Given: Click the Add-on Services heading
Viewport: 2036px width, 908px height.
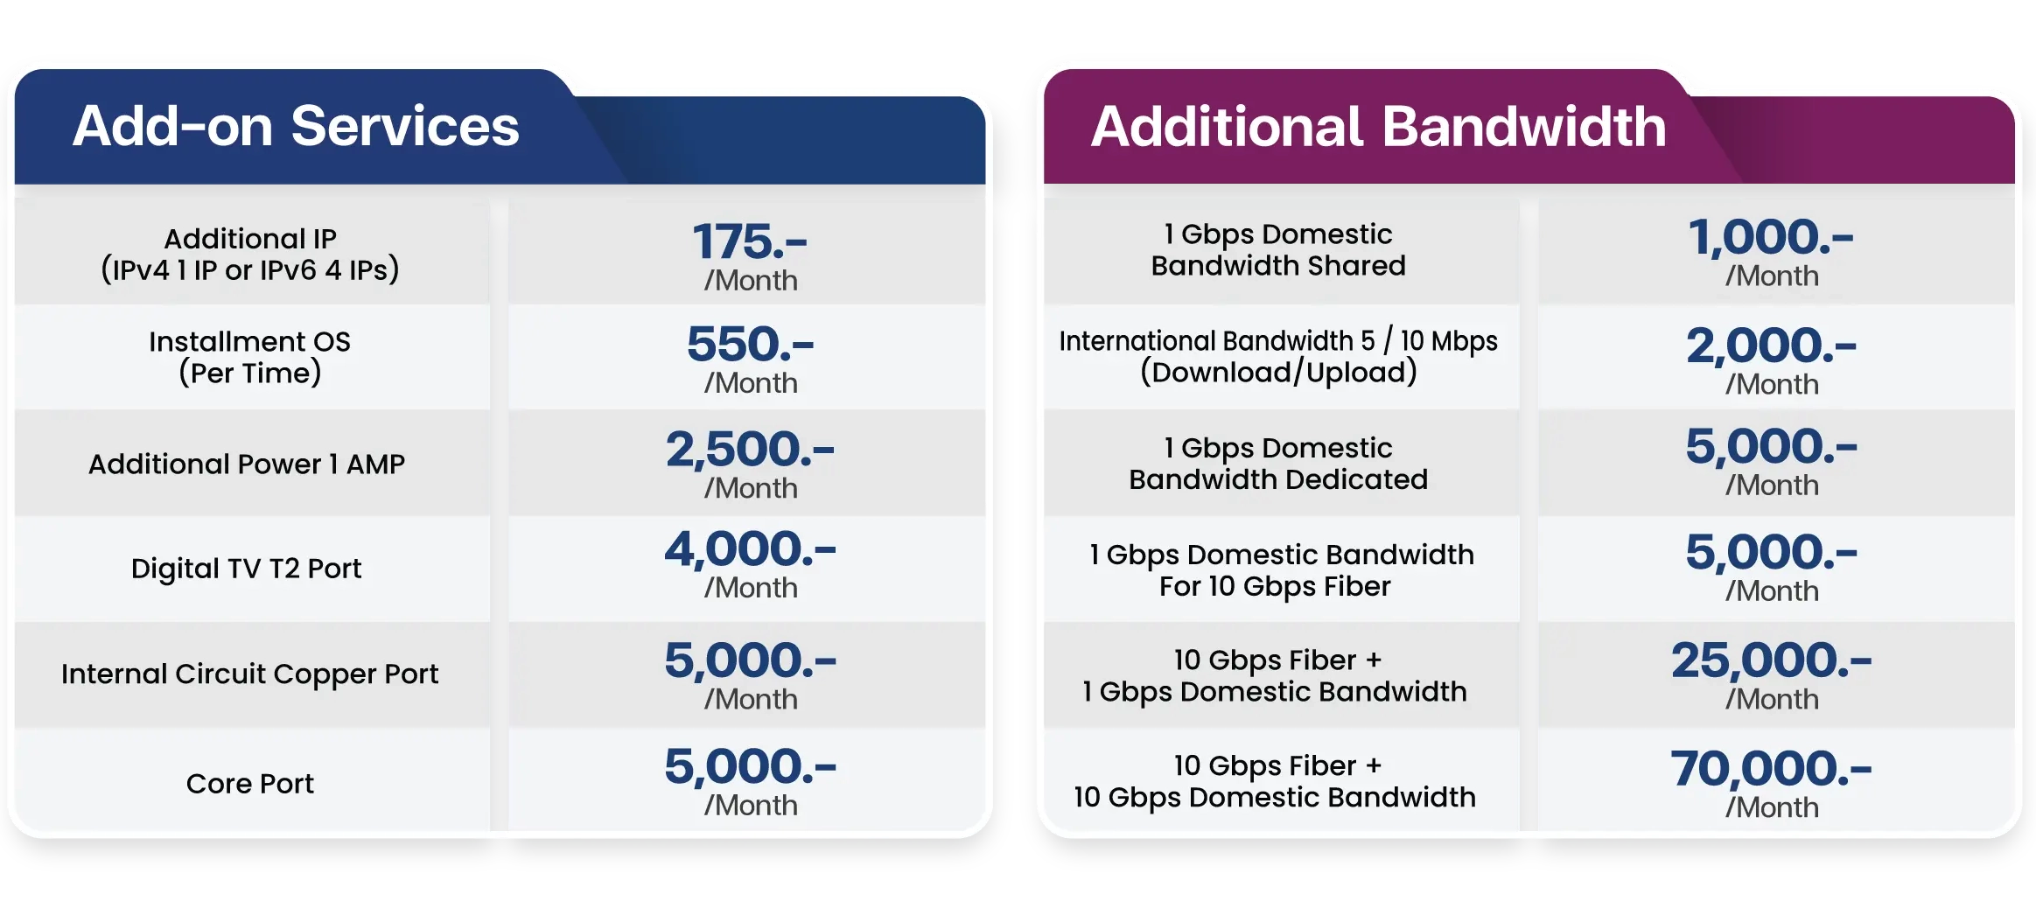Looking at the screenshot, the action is (x=296, y=126).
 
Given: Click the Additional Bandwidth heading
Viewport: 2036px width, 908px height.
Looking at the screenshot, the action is (x=1378, y=126).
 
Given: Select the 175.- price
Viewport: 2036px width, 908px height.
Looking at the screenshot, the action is (x=750, y=241).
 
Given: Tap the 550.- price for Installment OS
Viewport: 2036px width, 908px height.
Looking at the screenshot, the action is (x=750, y=344).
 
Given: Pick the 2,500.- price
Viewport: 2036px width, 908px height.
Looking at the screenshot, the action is (x=750, y=449).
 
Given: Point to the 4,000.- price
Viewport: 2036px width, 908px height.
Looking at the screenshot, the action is (x=750, y=549).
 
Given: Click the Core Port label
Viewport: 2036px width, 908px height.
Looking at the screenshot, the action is (x=249, y=783).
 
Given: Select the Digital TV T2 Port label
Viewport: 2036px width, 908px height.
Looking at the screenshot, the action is (x=246, y=569).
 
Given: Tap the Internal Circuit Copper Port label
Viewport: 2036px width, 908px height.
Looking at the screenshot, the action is (x=249, y=674).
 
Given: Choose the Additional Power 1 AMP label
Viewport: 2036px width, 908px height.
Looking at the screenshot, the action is (x=247, y=464).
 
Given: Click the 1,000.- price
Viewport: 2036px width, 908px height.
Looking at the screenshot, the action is (x=1771, y=237).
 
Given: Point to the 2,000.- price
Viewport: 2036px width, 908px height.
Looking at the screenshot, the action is (x=1771, y=346).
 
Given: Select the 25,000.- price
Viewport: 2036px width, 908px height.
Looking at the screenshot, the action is (x=1771, y=660).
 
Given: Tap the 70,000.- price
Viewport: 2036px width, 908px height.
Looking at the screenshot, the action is (x=1771, y=769).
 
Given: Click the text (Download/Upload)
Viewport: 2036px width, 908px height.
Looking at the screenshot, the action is (x=1278, y=372).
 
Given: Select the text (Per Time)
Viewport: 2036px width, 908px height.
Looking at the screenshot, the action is (x=249, y=373).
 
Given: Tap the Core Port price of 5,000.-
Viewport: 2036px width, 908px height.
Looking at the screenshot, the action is (x=750, y=766).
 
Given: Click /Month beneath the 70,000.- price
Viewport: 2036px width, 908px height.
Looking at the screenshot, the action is (x=1772, y=807).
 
